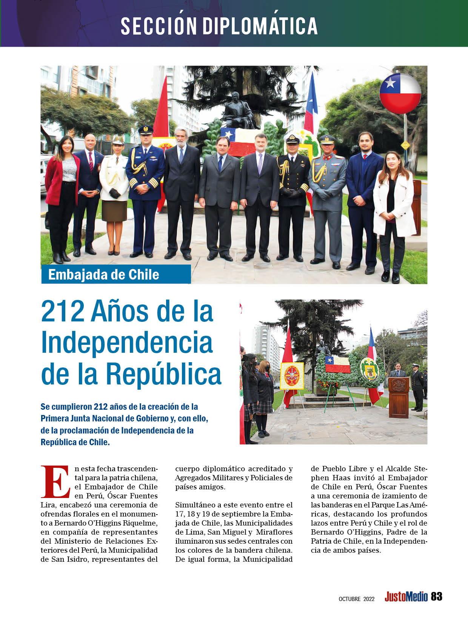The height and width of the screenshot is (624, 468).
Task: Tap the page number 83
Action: tap(436, 596)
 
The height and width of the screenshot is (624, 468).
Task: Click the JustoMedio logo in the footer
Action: tap(406, 597)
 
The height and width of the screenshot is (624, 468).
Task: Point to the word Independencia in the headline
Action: tap(127, 342)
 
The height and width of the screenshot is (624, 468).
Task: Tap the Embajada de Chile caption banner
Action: tap(115, 274)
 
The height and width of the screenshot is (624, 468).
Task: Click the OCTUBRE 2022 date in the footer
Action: tap(356, 599)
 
